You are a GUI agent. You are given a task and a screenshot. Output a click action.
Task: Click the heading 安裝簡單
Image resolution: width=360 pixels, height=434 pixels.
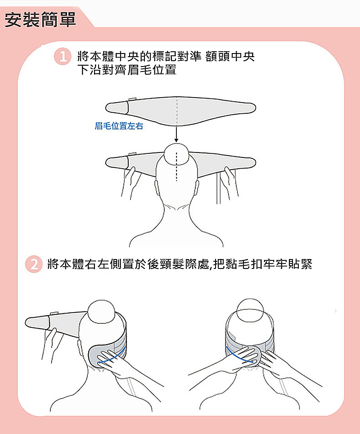point(40,20)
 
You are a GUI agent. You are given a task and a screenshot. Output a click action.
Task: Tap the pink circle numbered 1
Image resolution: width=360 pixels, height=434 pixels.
point(63,57)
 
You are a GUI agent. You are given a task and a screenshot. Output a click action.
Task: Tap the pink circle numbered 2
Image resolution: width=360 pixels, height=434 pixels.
point(34,264)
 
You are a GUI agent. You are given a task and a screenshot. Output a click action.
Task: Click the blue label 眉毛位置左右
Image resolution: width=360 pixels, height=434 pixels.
point(119,126)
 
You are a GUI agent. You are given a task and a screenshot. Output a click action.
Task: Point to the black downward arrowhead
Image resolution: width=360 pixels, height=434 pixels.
point(176,140)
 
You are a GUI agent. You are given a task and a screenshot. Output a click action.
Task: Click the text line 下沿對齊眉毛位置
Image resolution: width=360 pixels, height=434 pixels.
point(127,69)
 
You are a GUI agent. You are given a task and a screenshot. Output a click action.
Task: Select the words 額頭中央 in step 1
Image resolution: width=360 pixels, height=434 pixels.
point(230,57)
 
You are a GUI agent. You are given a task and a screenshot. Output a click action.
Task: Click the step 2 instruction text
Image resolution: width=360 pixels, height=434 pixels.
point(180,264)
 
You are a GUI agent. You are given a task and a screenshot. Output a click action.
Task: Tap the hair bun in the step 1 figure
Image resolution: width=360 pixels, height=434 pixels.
point(176,154)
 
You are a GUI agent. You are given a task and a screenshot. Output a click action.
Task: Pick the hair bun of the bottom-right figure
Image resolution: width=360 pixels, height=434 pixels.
point(250,310)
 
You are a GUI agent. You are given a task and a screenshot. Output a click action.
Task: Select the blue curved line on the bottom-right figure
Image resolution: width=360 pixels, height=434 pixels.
point(238,356)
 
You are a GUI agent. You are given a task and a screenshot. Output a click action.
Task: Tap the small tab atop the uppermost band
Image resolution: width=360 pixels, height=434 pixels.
point(132,99)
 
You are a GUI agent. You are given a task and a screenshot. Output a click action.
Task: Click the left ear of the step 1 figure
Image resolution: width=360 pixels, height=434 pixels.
point(156,188)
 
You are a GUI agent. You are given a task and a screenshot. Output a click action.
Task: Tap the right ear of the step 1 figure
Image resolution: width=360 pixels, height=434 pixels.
point(197,188)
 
